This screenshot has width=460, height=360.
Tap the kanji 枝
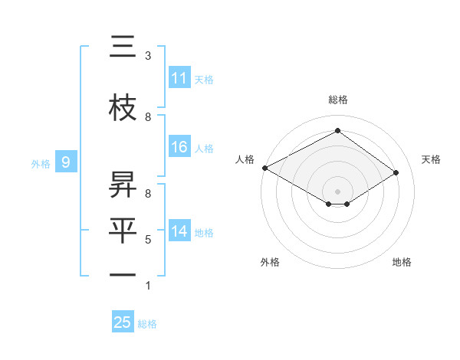coord(123,108)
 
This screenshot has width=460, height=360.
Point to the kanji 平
coord(123,230)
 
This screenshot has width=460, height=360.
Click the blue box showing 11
coord(179,78)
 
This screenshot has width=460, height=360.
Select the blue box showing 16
coord(179,148)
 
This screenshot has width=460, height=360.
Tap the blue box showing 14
coord(179,232)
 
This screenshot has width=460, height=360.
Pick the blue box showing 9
coord(66,162)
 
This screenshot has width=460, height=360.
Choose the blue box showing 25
coord(123,322)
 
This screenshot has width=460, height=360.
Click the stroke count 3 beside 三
coord(148,56)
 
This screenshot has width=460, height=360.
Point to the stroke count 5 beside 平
coord(148,240)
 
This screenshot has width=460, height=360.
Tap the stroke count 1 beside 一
coord(148,286)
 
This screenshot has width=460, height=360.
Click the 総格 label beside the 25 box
coord(147,324)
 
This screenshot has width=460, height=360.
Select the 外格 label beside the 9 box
coord(41,163)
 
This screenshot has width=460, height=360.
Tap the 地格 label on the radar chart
coord(402,262)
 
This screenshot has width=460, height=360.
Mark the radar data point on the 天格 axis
coord(396,173)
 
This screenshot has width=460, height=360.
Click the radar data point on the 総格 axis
coord(337,131)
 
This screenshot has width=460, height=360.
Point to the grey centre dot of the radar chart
coord(337,190)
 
